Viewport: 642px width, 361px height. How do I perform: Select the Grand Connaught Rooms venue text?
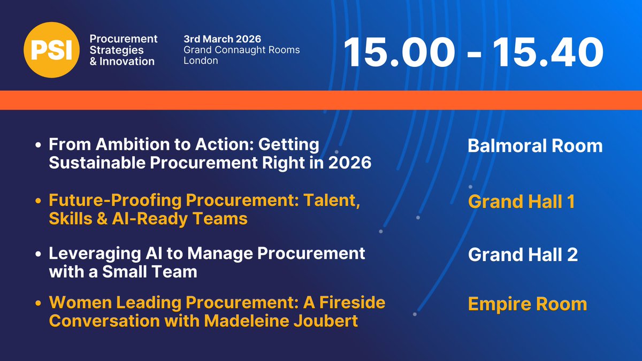click(241, 50)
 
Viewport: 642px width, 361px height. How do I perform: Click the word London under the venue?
click(201, 60)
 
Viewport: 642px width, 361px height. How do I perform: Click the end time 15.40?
click(545, 52)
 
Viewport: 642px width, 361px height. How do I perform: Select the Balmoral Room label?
click(535, 146)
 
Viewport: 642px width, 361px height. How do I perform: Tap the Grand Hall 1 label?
click(521, 202)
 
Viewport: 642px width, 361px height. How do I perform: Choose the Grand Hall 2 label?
click(523, 255)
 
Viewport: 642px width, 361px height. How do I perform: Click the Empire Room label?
click(527, 304)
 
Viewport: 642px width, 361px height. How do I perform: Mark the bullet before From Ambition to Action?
click(38, 145)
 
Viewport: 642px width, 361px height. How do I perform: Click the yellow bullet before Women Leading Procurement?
click(38, 303)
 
